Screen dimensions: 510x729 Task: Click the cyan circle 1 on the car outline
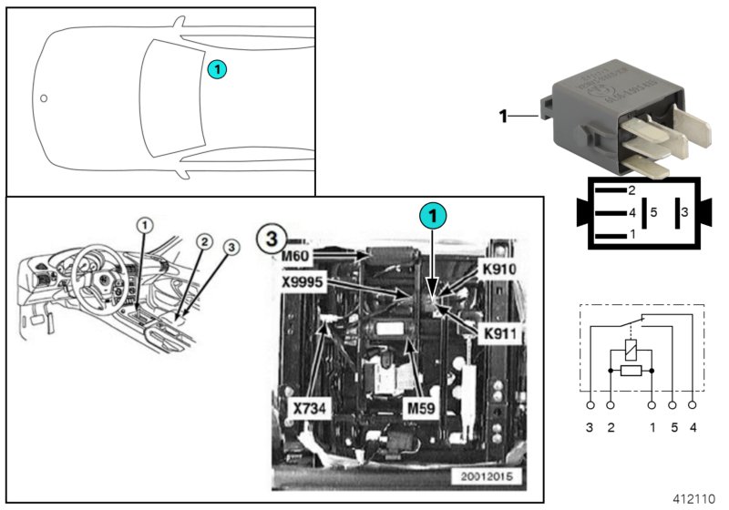coord(215,68)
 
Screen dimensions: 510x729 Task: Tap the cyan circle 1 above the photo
coord(433,216)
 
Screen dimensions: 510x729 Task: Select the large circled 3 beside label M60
coord(269,239)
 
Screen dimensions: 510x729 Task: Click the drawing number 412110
coord(694,499)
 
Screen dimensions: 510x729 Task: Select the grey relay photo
coord(611,118)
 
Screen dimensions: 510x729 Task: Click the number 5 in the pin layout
coord(653,213)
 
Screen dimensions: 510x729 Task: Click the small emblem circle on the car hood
coord(43,97)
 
